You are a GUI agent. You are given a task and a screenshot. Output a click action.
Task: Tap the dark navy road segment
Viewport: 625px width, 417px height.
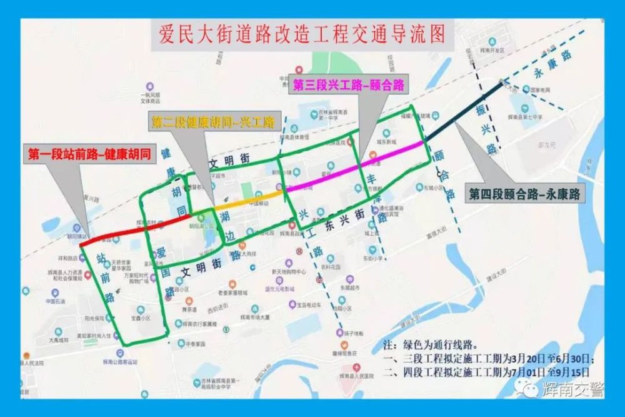464,113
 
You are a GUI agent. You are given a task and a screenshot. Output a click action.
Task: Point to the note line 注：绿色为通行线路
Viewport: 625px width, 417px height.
431,344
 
